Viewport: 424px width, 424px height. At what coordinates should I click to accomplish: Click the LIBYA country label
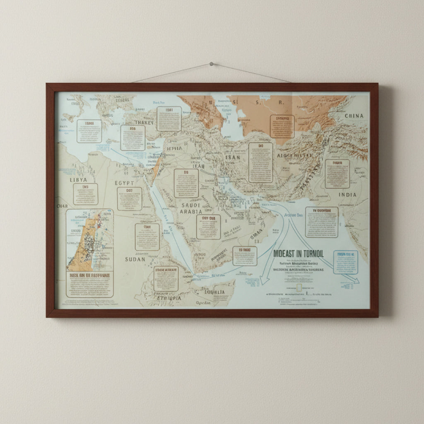tap(78, 180)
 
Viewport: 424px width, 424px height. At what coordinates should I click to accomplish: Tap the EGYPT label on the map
tap(124, 183)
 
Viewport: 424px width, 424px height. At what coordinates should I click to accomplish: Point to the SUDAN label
tap(135, 259)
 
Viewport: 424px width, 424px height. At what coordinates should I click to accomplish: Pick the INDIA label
tap(348, 195)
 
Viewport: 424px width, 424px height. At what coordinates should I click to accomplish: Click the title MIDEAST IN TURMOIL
tap(298, 254)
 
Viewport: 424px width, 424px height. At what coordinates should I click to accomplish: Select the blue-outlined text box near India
tap(345, 262)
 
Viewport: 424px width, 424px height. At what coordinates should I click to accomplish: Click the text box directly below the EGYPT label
tap(129, 199)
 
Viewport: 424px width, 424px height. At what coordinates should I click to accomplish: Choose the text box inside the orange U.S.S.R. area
tap(282, 126)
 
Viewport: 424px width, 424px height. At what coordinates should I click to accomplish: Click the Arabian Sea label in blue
tap(294, 215)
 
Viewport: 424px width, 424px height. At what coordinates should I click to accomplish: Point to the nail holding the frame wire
tap(211, 64)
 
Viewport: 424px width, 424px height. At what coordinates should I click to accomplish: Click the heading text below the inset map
tap(89, 275)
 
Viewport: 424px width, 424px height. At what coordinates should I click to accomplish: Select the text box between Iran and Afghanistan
tap(260, 163)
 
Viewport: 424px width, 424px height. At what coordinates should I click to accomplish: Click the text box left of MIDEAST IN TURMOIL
tap(244, 255)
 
